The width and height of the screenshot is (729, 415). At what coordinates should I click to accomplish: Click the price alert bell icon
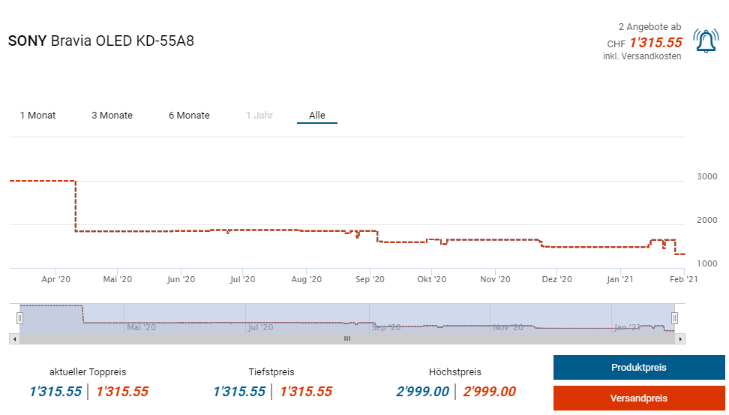click(x=706, y=41)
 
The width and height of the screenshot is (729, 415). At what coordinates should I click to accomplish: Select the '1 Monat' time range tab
click(x=37, y=116)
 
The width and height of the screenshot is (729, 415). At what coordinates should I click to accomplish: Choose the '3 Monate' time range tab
click(x=112, y=116)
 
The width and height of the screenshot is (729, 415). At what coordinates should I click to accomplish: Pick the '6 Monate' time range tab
click(x=189, y=116)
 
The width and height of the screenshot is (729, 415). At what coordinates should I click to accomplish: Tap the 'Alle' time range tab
click(x=317, y=116)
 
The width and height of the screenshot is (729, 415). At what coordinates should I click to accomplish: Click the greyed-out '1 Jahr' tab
click(x=259, y=116)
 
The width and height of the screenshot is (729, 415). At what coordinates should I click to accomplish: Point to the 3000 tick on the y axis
click(x=707, y=176)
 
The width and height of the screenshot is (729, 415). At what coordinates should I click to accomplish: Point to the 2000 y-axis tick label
click(x=707, y=220)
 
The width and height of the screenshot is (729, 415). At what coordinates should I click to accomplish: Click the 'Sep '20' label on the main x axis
click(x=370, y=279)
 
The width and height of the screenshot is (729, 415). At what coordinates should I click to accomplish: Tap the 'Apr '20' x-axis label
click(x=56, y=279)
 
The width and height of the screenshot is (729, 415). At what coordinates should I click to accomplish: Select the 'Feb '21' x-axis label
click(x=682, y=279)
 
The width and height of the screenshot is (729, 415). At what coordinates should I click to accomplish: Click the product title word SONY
click(x=27, y=41)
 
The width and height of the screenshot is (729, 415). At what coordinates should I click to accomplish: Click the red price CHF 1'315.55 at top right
click(x=655, y=43)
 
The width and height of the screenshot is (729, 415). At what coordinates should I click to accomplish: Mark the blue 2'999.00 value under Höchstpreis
click(x=422, y=392)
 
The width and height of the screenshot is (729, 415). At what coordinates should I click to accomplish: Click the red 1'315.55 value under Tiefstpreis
click(x=306, y=392)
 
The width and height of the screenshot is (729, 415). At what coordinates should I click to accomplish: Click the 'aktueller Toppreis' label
click(x=88, y=371)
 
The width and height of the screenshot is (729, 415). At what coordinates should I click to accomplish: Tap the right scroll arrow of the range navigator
click(x=680, y=339)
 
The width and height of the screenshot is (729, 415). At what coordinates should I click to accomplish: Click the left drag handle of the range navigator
click(x=20, y=317)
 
